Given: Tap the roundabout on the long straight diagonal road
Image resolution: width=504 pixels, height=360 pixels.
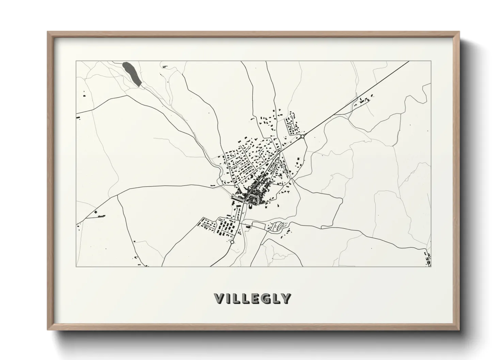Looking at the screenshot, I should point(302,136).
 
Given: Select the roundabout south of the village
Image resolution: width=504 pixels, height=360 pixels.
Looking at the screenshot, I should point(232,242).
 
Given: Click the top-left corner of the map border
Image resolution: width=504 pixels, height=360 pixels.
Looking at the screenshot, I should point(76,61).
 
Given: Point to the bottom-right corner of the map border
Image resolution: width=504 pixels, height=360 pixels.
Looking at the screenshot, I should point(431,266).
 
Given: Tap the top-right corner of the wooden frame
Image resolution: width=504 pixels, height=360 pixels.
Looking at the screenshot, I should point(459,32).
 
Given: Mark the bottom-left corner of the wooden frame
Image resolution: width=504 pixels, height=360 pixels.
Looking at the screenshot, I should point(47,330).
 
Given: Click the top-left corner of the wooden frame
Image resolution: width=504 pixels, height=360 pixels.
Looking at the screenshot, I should point(47,32).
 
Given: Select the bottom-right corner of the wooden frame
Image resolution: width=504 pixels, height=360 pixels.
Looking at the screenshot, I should point(459,330).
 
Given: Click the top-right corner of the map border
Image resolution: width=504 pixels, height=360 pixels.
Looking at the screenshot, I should point(431,61).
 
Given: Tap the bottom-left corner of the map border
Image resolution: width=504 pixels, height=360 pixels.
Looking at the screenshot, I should point(76,266).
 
